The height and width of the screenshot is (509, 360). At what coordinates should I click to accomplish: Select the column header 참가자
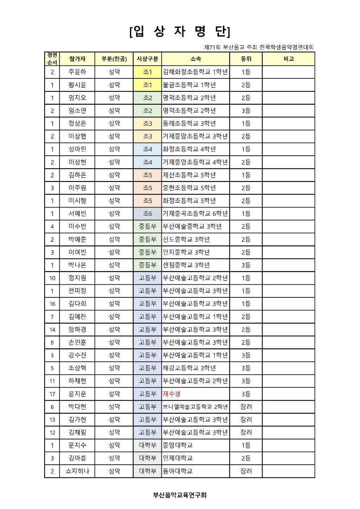coord(77,59)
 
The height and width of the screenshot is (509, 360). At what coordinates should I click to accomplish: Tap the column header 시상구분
coord(147,59)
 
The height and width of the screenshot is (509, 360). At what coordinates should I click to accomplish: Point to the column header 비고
coord(288,59)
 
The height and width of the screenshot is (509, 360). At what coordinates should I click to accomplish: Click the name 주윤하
coord(77,72)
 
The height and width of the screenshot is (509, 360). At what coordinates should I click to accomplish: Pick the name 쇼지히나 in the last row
coord(77,471)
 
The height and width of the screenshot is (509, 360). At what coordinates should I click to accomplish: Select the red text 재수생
coord(172,394)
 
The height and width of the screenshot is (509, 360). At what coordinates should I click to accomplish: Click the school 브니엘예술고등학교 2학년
coord(195,407)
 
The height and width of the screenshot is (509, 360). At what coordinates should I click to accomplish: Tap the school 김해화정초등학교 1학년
coord(195,72)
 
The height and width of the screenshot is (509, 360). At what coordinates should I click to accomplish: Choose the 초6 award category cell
coord(147,214)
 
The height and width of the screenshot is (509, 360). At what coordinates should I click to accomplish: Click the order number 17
coord(52,394)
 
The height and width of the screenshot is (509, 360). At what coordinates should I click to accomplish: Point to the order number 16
coord(52,304)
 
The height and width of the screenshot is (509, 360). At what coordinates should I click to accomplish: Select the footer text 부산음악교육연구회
coord(180,495)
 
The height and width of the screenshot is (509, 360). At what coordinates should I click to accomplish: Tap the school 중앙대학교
coord(178,445)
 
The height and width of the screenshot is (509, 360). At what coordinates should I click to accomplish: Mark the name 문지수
coord(77,445)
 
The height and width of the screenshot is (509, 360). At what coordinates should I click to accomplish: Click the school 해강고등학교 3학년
coord(189,368)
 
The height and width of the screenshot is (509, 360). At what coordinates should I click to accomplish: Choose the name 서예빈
coord(77,214)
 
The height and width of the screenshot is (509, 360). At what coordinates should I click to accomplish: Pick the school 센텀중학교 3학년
coord(186,265)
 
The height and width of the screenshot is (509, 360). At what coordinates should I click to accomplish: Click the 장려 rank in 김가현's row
coord(246,420)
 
